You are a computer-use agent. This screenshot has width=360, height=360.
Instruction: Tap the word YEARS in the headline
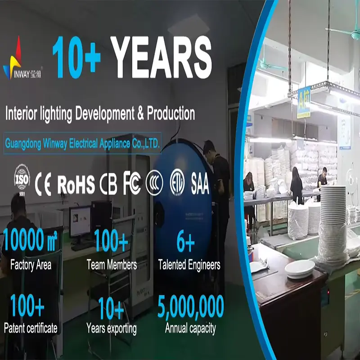click(x=161, y=57)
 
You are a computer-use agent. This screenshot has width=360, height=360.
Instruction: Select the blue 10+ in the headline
click(x=76, y=57)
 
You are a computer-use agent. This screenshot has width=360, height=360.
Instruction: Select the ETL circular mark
click(x=177, y=184)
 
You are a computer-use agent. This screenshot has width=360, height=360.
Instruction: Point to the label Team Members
click(x=112, y=265)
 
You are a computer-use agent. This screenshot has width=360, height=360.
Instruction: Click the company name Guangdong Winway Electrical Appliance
click(x=82, y=144)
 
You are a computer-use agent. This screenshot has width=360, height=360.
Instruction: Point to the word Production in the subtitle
click(x=171, y=113)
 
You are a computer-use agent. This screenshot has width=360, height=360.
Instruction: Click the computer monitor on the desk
click(x=80, y=221)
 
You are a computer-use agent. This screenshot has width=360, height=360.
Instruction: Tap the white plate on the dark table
click(x=300, y=268)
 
